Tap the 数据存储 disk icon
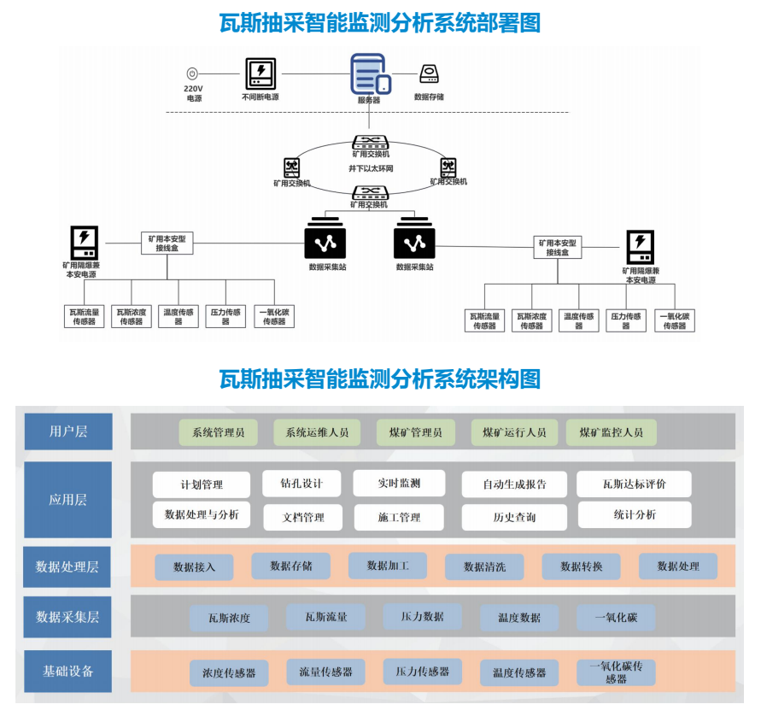(429, 75)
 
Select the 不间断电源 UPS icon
(260, 73)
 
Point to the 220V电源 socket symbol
(193, 74)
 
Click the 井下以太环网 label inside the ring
(371, 168)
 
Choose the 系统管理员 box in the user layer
(219, 432)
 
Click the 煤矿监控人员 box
(612, 432)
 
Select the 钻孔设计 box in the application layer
(301, 484)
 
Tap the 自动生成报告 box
(514, 484)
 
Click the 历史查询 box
(514, 517)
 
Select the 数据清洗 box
(484, 566)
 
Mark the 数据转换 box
(582, 566)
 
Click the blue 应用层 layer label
(67, 500)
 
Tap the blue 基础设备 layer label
(67, 671)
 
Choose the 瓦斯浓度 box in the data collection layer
(229, 618)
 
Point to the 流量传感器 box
(325, 672)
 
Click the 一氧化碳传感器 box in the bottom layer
(616, 672)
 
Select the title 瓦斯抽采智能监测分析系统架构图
(380, 378)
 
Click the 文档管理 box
(302, 517)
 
